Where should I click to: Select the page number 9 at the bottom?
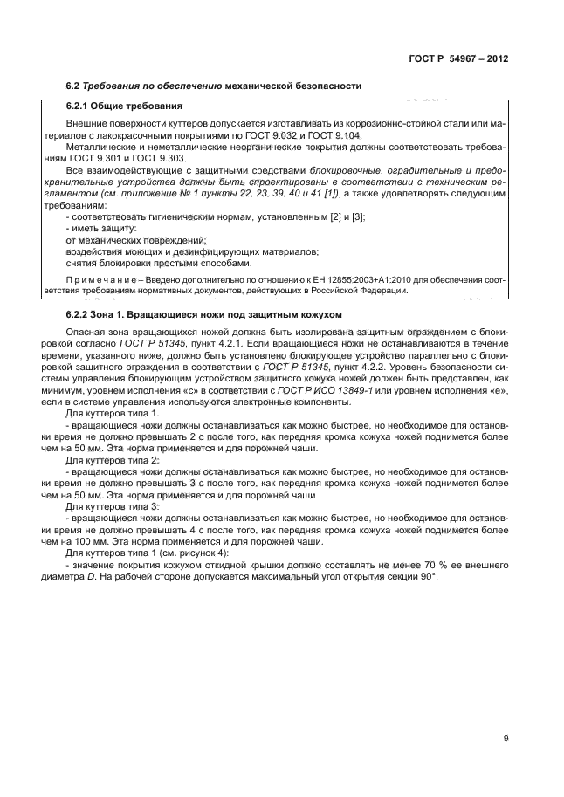pos(506,739)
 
